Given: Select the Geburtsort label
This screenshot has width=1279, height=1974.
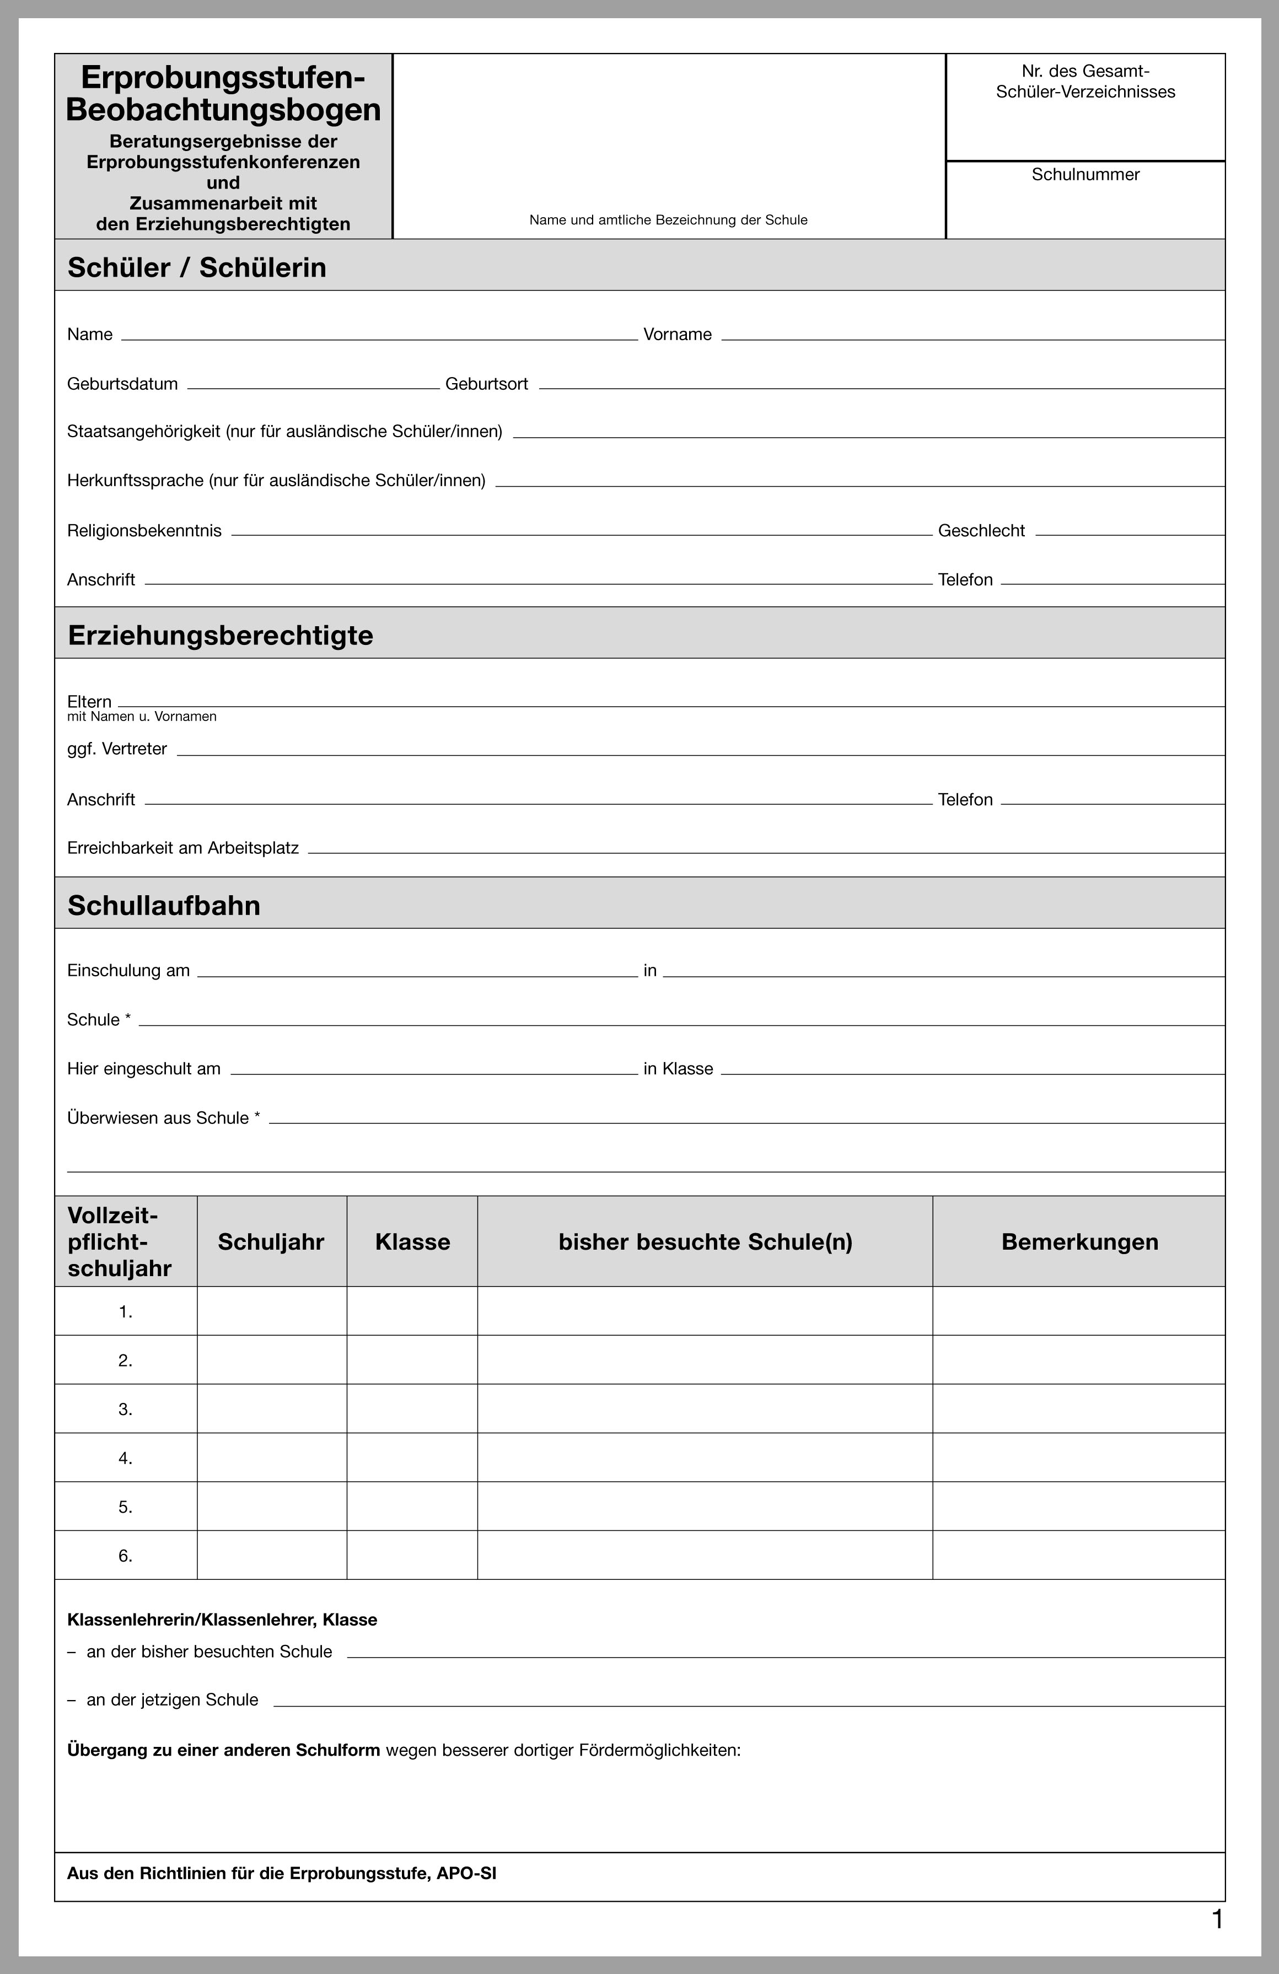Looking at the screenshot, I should (486, 384).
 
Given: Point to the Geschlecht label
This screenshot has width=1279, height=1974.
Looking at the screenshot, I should (981, 531).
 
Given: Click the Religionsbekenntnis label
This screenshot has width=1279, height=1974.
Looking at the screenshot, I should (144, 531).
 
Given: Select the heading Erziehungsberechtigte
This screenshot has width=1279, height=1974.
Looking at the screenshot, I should (220, 636).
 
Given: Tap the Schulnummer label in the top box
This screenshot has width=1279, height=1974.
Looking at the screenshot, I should (1085, 174).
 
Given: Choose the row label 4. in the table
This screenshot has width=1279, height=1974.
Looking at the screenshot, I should (125, 1458).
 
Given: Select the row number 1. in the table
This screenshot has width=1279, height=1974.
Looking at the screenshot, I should (125, 1312).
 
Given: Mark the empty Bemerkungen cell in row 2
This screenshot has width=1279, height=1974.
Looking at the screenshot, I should (1078, 1360).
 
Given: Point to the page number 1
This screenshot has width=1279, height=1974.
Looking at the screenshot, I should (1217, 1919).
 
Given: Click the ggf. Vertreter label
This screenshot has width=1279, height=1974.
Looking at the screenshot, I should (117, 749).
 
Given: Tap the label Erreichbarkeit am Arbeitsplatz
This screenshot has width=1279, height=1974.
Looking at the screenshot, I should (182, 848).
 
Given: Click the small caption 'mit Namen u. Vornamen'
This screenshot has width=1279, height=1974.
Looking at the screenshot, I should (142, 717).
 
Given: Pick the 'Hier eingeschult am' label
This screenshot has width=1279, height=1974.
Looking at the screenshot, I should (143, 1069).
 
